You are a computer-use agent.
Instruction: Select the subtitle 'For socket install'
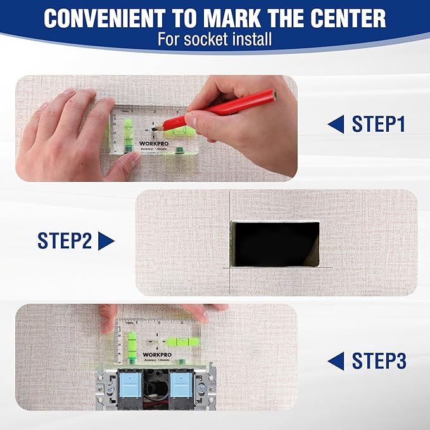[x=215, y=39]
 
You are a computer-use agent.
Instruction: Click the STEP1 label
[x=378, y=125]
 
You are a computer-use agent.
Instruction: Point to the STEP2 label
[x=65, y=241]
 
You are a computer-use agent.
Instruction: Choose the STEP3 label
[x=378, y=362]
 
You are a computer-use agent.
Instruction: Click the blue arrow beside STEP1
[x=336, y=125]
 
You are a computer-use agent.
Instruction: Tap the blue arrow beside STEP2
[x=106, y=241]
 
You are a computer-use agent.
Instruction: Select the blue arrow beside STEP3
[x=336, y=362]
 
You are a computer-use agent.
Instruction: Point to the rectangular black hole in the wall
[x=275, y=243]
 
